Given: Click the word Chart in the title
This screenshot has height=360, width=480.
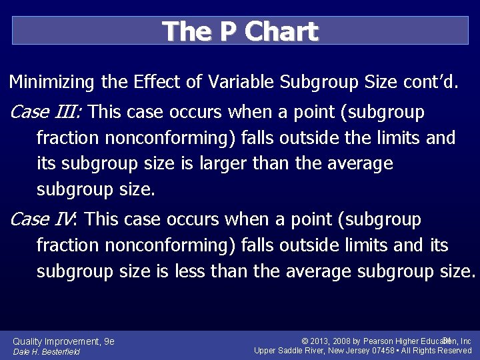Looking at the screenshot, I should tap(283, 31).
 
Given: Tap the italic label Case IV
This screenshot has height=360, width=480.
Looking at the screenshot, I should tap(44, 219).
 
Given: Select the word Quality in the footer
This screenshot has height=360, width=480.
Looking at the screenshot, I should tap(29, 341).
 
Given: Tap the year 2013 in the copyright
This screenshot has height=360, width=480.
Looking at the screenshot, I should tap(321, 341).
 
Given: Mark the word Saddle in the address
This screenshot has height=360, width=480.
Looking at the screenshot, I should tap(293, 351).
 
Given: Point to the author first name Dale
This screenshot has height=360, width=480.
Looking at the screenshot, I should tap(21, 352).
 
